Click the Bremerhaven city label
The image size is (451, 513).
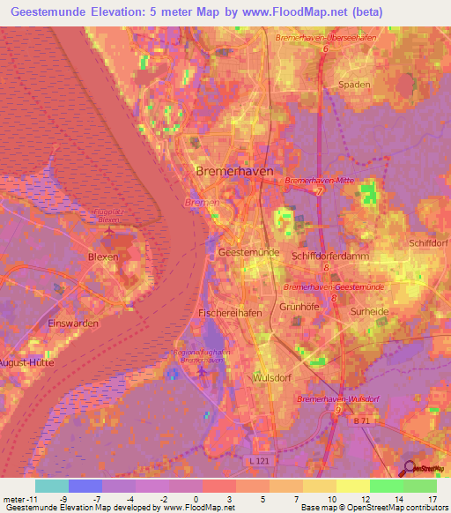(233, 171)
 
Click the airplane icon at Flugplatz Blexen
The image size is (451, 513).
(108, 232)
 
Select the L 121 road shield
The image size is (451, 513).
(255, 461)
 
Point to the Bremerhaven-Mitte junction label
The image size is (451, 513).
(318, 181)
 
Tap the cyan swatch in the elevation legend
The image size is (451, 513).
(51, 486)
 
